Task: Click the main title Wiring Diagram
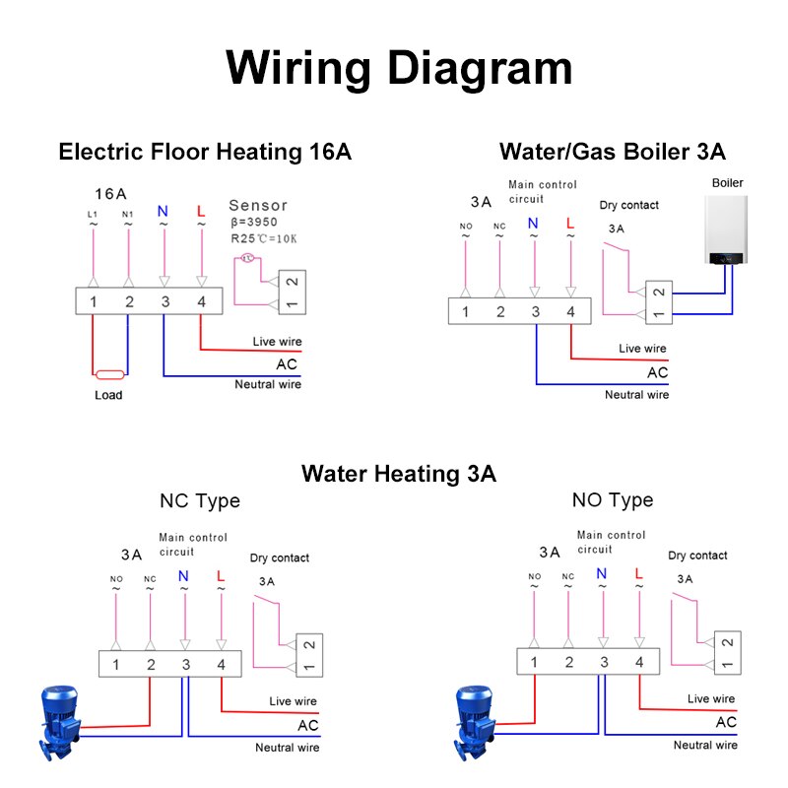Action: pyautogui.click(x=399, y=68)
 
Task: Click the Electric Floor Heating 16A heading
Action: pyautogui.click(x=205, y=152)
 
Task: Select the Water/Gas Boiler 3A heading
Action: pyautogui.click(x=613, y=152)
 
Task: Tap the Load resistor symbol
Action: pyautogui.click(x=108, y=374)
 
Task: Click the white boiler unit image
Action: pyautogui.click(x=727, y=230)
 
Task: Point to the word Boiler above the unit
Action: pyautogui.click(x=727, y=183)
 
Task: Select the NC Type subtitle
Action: pyautogui.click(x=200, y=500)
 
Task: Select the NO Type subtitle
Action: pyautogui.click(x=613, y=500)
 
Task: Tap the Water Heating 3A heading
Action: pyautogui.click(x=399, y=474)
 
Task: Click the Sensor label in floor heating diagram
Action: pyautogui.click(x=258, y=206)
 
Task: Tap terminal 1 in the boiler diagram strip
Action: pyautogui.click(x=465, y=311)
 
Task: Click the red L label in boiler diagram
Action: pyautogui.click(x=570, y=224)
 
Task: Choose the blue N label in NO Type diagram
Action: pyautogui.click(x=602, y=574)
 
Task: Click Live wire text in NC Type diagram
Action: pyautogui.click(x=294, y=701)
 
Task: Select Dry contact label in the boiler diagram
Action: pyautogui.click(x=628, y=205)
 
